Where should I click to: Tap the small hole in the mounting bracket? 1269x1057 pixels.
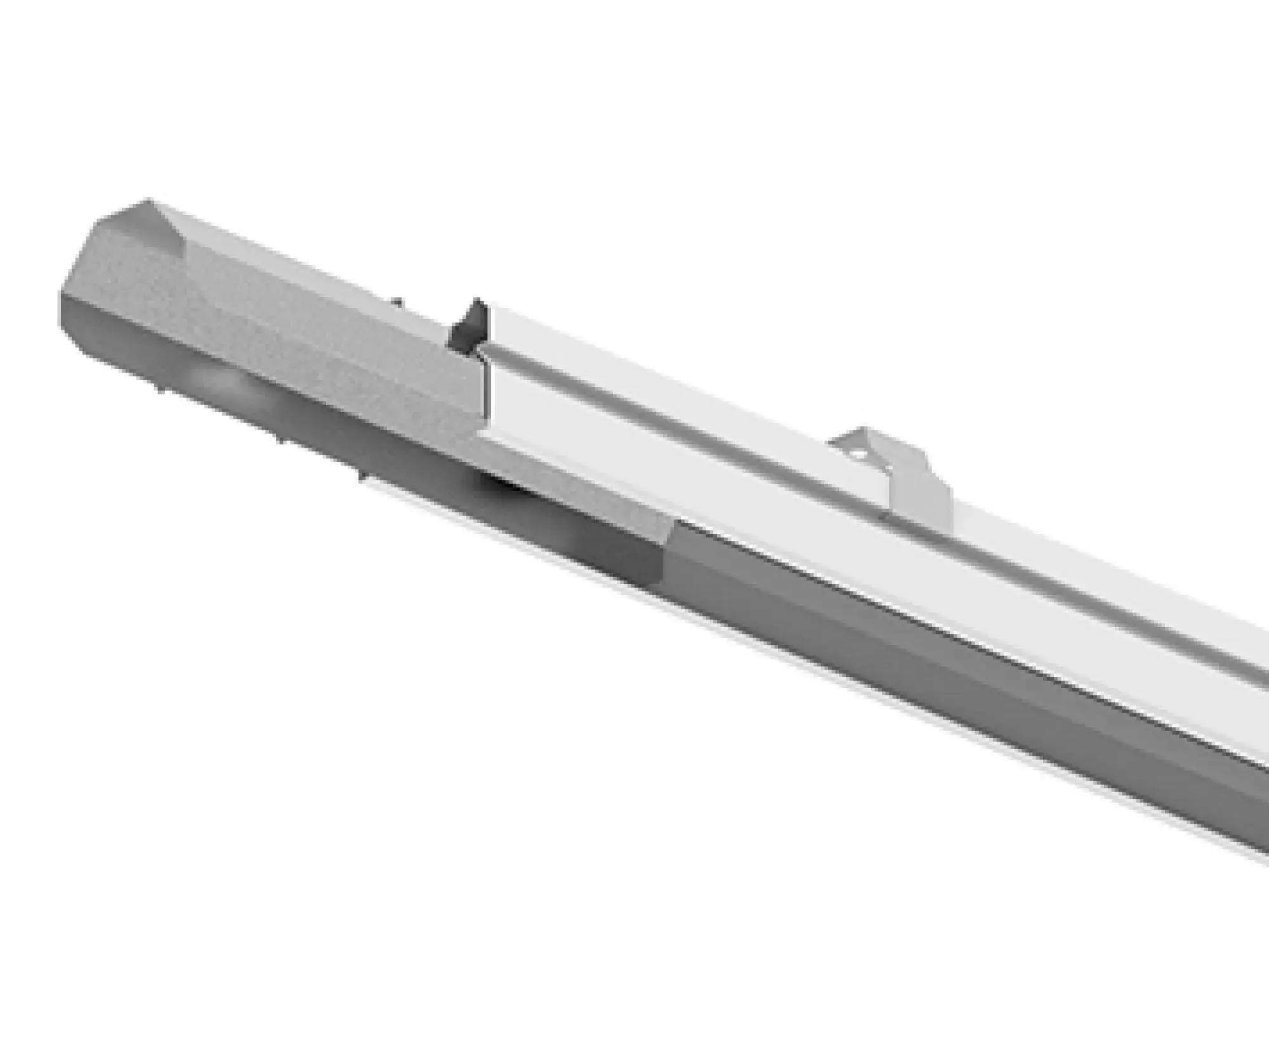pyautogui.click(x=857, y=454)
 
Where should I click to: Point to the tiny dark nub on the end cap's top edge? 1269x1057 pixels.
pyautogui.click(x=397, y=303)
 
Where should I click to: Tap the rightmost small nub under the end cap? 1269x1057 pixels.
pyautogui.click(x=361, y=476)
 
